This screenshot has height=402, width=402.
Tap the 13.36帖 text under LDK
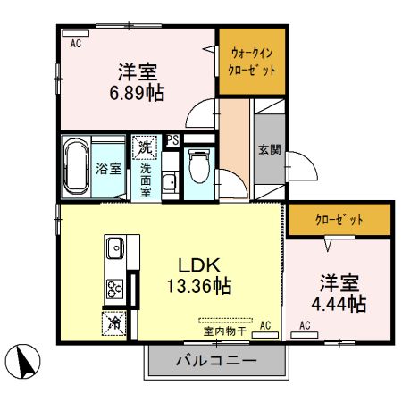click(x=200, y=286)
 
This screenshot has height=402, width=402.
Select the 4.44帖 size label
click(x=341, y=304)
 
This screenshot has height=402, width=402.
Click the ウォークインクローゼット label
click(x=253, y=62)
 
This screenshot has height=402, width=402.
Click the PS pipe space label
click(x=172, y=140)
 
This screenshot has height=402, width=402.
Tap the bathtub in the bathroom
click(x=76, y=165)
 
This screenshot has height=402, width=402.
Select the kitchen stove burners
click(x=115, y=288)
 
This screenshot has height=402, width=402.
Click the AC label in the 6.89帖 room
click(x=75, y=42)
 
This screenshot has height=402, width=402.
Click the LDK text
click(x=200, y=265)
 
